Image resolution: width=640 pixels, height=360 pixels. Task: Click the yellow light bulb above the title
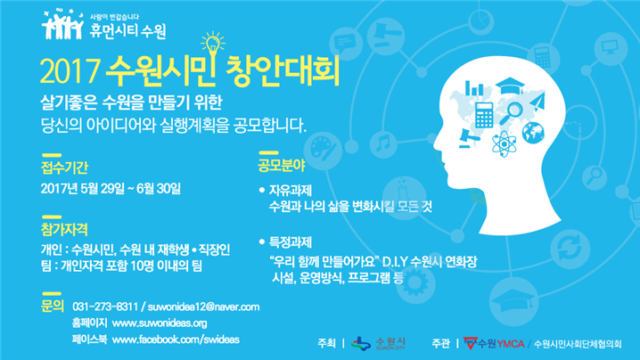pos(213,45)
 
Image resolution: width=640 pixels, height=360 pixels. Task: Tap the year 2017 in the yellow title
pos(70,71)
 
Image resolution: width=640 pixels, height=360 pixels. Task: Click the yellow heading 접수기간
pos(64,168)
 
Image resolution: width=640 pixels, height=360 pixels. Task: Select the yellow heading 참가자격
pos(64,229)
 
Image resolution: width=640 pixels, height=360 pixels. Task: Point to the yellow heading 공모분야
pos(281,166)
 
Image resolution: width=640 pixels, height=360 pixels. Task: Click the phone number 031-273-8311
pos(105,307)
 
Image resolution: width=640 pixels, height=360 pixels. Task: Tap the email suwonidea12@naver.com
pos(203,307)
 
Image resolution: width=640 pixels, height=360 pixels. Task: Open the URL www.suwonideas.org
pos(160,323)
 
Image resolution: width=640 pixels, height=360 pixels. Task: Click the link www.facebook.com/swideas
pos(176,340)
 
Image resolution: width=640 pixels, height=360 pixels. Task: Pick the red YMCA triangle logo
pos(471,343)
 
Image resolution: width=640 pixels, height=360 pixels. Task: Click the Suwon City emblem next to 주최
pos(361,344)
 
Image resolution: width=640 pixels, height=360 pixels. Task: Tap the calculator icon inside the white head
pos(484,115)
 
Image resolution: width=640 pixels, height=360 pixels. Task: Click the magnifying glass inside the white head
pos(511,113)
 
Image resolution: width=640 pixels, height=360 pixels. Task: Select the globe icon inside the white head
pos(533,133)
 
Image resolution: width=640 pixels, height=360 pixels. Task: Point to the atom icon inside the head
pos(505,143)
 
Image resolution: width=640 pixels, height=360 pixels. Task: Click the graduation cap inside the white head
pos(510,86)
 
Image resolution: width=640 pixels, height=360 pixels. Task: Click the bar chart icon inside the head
pos(474,87)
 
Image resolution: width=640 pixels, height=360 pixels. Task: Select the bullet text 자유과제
pos(291,190)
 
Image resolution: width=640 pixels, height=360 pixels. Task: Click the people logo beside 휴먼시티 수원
pos(62,24)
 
